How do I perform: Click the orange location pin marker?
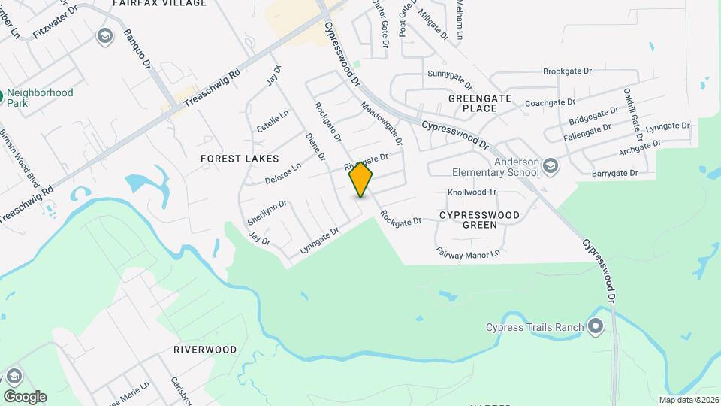(361, 179)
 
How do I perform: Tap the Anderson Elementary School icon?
(551, 166)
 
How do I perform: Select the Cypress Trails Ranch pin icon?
(596, 326)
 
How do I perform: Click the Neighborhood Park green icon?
(2, 97)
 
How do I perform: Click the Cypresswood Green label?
(479, 220)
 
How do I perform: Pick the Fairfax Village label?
(159, 4)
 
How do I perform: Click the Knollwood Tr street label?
(472, 192)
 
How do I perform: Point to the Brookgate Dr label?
(567, 71)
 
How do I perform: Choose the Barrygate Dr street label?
(614, 173)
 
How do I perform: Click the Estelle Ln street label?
(273, 121)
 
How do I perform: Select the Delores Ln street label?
(283, 174)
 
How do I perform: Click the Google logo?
(24, 397)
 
